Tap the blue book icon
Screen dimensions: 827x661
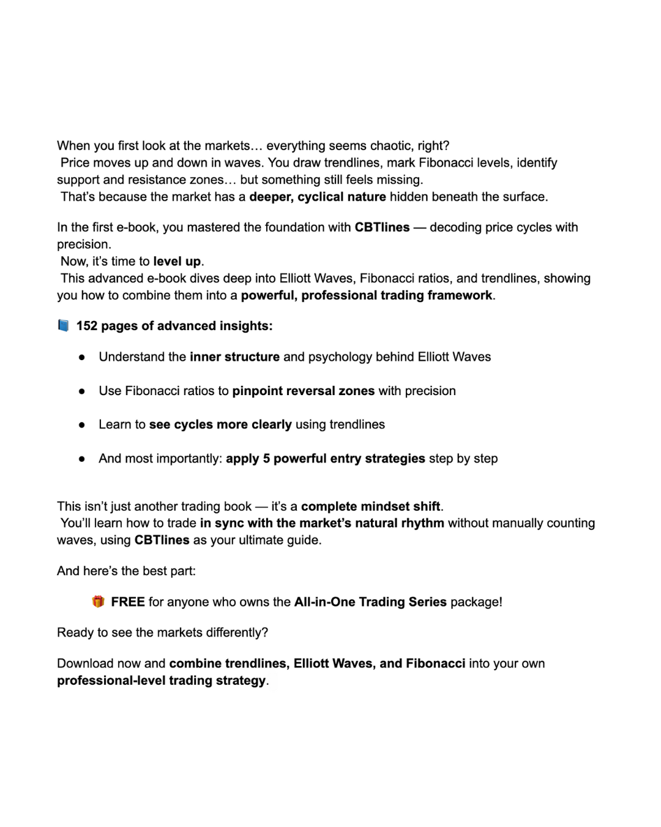(63, 325)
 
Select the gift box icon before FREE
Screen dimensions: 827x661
(98, 602)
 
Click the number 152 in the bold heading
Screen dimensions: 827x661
(87, 326)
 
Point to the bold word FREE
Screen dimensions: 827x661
(128, 602)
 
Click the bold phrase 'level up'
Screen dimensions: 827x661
(177, 262)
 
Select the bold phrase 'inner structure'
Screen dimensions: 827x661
(234, 357)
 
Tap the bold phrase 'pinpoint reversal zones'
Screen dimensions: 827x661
(303, 391)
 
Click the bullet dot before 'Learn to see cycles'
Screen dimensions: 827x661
(81, 425)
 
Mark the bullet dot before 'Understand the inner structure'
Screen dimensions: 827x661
(81, 357)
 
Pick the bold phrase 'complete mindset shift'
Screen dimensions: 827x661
(370, 507)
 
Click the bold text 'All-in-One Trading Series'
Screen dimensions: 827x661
(370, 602)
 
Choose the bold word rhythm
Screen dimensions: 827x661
(422, 523)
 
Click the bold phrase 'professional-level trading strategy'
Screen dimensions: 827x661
(162, 681)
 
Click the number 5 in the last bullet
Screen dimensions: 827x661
(267, 459)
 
